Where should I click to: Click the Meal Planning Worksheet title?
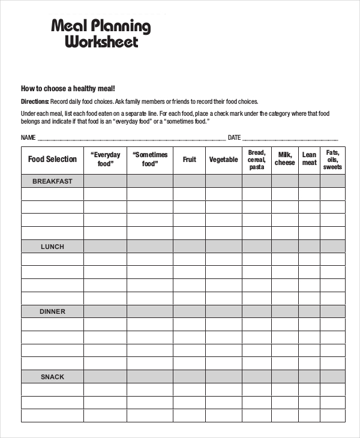pos(101,34)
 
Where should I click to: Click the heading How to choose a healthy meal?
pos(68,88)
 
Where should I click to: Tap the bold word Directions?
pos(35,101)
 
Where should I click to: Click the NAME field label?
pos(28,137)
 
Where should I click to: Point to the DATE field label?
pos(234,137)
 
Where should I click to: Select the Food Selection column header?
pos(52,159)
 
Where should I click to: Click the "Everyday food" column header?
pos(105,159)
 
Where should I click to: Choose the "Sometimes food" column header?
pos(150,159)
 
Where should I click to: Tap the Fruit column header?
pos(190,160)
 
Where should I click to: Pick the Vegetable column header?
pos(223,160)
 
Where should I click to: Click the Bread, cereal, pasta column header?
pos(256,160)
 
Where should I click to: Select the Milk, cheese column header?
pos(285,159)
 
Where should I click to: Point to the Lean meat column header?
pos(309,159)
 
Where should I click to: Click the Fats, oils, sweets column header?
pos(332,160)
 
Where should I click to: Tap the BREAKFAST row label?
pos(52,181)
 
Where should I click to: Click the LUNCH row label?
pos(52,247)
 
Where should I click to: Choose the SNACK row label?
pos(52,377)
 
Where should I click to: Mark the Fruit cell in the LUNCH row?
pos(190,247)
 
